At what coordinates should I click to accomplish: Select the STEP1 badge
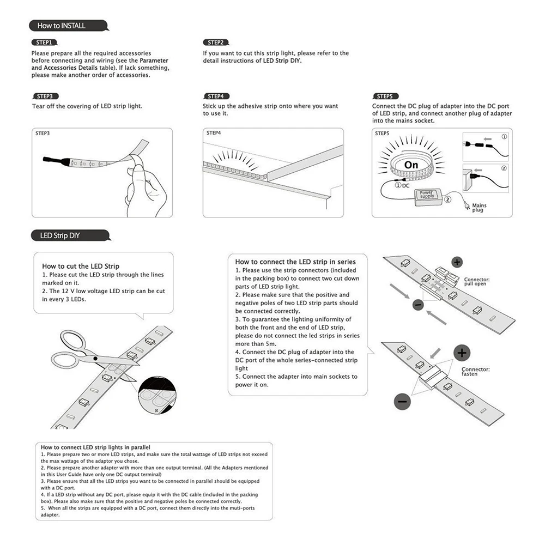(44, 42)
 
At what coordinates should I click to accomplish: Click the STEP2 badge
(215, 42)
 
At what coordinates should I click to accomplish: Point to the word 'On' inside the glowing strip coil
(411, 165)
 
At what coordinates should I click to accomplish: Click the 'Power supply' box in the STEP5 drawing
(427, 195)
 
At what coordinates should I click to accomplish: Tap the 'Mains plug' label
(479, 208)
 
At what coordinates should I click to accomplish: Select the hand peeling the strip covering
(147, 185)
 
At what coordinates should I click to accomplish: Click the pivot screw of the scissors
(95, 359)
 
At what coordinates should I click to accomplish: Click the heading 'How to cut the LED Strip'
(80, 266)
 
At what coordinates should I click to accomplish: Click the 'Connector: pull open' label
(476, 282)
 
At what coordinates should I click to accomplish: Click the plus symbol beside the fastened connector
(462, 353)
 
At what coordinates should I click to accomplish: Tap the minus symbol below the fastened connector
(402, 402)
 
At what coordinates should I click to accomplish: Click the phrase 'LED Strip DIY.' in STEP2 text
(282, 61)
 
